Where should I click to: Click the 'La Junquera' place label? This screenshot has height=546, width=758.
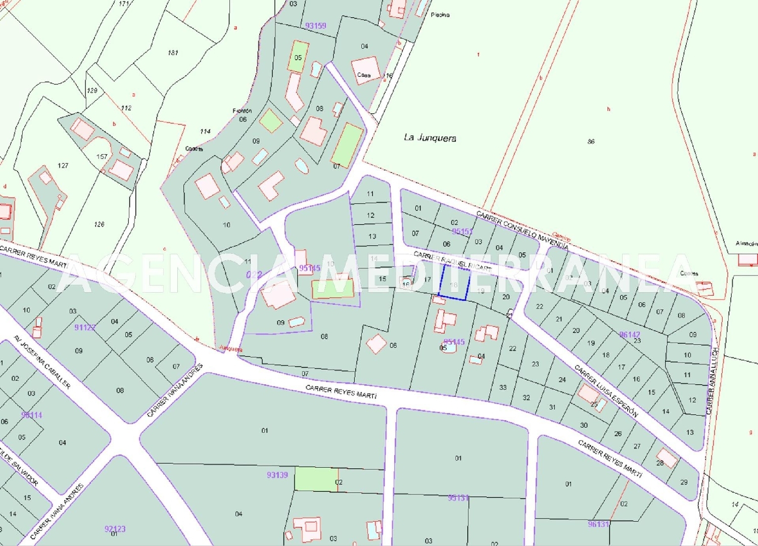coord(430,138)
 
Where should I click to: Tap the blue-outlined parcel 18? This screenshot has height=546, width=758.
coord(453,284)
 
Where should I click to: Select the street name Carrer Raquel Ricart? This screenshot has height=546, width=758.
coord(452,261)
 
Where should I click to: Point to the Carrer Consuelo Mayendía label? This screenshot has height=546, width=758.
coord(523,230)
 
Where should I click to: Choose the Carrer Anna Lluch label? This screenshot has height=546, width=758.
coord(712,381)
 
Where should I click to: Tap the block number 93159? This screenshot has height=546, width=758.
coord(316,26)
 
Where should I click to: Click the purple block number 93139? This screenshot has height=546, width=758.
coord(277,475)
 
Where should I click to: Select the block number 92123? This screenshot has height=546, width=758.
coord(115,529)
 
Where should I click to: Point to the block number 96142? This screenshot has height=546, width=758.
coord(630,335)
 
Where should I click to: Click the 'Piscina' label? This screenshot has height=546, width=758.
coord(440,15)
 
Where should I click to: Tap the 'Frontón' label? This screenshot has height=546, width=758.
coord(242,111)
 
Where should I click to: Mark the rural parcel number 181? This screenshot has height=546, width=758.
coord(173,53)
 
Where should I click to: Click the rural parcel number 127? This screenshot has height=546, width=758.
coord(63,166)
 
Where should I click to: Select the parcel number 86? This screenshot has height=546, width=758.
coord(591,142)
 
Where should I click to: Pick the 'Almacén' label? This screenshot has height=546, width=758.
coord(746,244)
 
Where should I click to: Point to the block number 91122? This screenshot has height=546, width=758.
coord(85,327)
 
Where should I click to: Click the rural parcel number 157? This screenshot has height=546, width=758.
coord(102,157)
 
